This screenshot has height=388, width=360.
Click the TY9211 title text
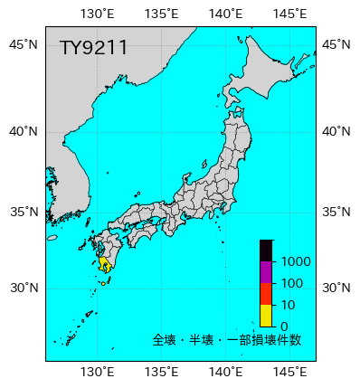pyautogui.click(x=93, y=48)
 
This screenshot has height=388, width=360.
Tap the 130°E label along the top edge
pyautogui.click(x=97, y=14)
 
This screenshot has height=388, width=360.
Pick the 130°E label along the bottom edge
pyautogui.click(x=97, y=372)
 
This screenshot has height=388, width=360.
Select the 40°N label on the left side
pyautogui.click(x=24, y=131)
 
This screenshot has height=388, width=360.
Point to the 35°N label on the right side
pyautogui.click(x=337, y=213)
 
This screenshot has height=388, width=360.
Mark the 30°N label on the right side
pyautogui.click(x=337, y=289)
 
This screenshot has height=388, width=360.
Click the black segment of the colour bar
pyautogui.click(x=266, y=251)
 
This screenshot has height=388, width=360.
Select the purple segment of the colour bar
pyautogui.click(x=266, y=272)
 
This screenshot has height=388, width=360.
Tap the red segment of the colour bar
pyautogui.click(x=266, y=294)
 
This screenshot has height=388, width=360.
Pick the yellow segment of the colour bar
pyautogui.click(x=266, y=315)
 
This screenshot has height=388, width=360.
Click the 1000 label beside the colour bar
pyautogui.click(x=296, y=262)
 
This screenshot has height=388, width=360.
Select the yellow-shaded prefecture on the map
pyautogui.click(x=104, y=263)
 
